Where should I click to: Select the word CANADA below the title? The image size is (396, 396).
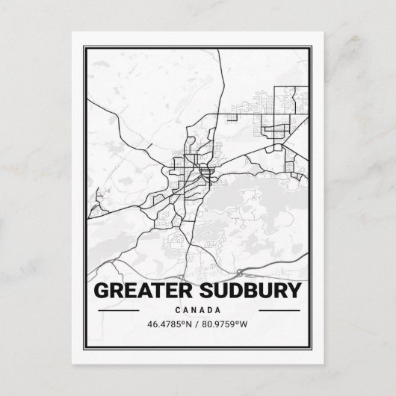tap(198, 310)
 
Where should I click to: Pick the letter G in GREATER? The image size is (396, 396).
tap(98, 289)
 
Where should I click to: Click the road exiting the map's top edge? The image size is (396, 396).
tap(219, 50)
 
